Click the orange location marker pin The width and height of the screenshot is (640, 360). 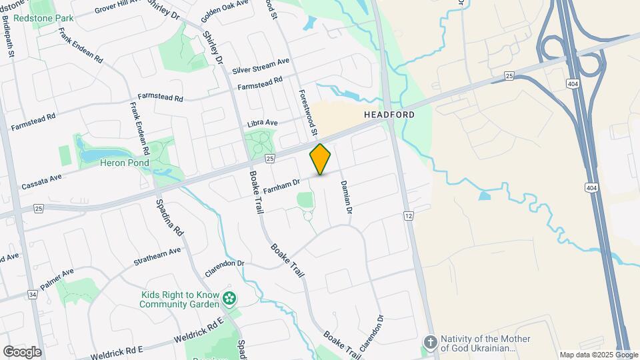pyautogui.click(x=320, y=159)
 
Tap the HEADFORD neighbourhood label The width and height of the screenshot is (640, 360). pyautogui.click(x=389, y=115)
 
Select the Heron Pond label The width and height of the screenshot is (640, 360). pyautogui.click(x=125, y=163)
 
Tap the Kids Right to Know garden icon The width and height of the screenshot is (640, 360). pyautogui.click(x=230, y=298)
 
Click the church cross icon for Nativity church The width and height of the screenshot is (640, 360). pyautogui.click(x=431, y=343)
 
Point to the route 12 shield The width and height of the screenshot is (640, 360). pyautogui.click(x=408, y=216)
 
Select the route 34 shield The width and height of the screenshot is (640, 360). pyautogui.click(x=32, y=295)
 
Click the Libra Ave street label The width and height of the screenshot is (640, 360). pyautogui.click(x=262, y=123)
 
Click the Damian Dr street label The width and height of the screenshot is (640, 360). pyautogui.click(x=345, y=196)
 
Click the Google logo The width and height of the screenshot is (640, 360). pyautogui.click(x=21, y=352)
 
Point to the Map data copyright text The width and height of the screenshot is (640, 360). pyautogui.click(x=598, y=355)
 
